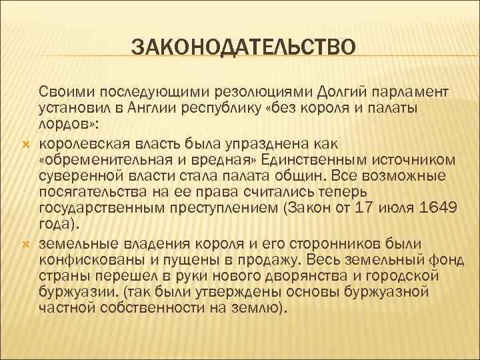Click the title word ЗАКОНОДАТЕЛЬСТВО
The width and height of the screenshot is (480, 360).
pyautogui.click(x=244, y=48)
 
